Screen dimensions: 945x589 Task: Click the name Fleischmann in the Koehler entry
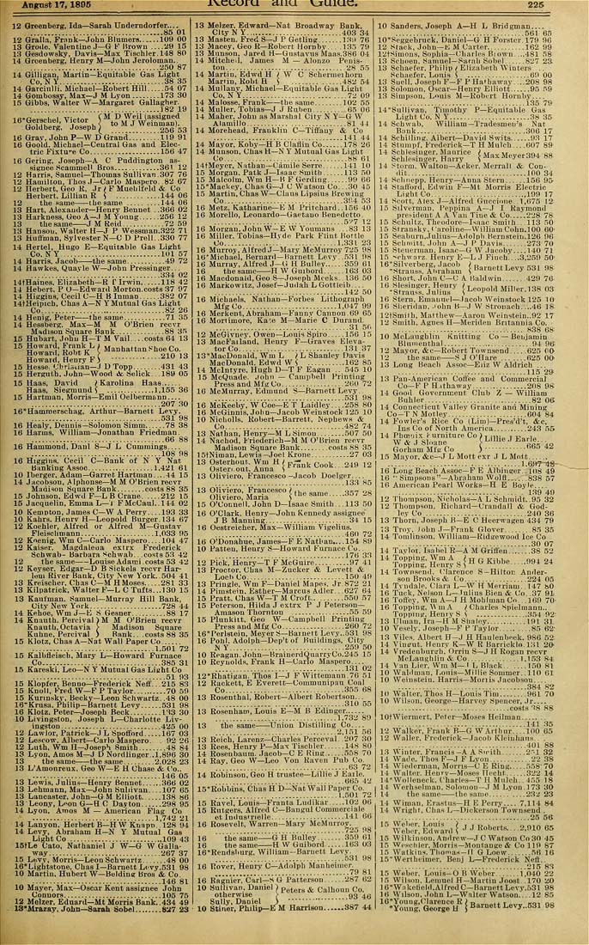[56, 533]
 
